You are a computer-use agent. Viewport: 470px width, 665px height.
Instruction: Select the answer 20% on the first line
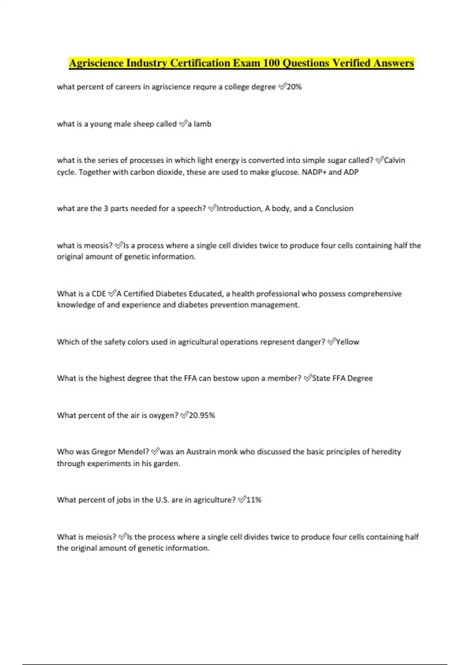(295, 87)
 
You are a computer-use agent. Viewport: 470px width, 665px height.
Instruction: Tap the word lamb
(202, 124)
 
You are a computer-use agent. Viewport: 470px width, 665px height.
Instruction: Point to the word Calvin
(395, 160)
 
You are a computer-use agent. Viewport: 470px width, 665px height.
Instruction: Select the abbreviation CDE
(99, 294)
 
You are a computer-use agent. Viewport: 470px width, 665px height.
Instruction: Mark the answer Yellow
(348, 342)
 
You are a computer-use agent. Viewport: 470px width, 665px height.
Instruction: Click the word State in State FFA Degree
(321, 378)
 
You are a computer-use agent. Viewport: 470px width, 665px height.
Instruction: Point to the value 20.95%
(202, 415)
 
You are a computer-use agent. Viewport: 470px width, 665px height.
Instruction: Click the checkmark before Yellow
(331, 341)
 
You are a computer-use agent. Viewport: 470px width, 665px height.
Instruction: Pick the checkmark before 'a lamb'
(183, 124)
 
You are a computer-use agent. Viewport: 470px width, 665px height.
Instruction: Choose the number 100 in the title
(271, 63)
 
